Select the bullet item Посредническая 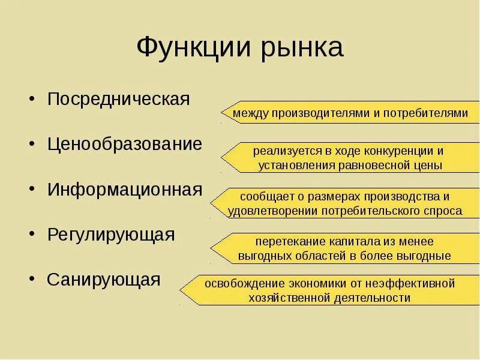[x=119, y=99]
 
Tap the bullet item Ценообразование [x=125, y=145]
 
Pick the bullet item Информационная [x=125, y=190]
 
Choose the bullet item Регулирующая [x=111, y=235]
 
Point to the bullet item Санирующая [x=104, y=280]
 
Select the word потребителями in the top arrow [x=424, y=113]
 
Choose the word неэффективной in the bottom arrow [x=414, y=283]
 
